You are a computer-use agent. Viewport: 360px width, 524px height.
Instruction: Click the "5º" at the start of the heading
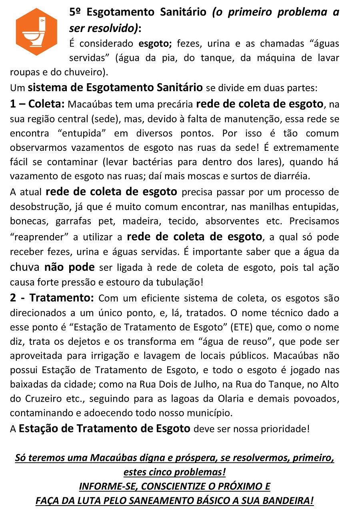coord(76,12)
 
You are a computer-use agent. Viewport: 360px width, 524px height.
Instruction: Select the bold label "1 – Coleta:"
coord(37,104)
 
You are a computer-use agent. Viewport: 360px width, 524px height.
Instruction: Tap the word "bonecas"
coord(25,221)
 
